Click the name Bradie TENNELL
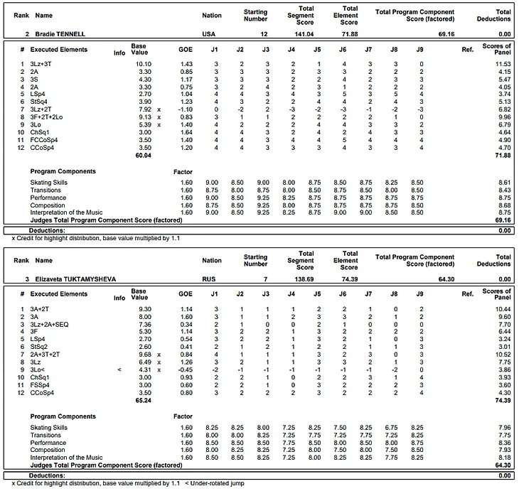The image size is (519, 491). (x=60, y=33)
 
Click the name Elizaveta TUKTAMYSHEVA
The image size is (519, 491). (x=73, y=279)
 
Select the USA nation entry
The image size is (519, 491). (x=207, y=33)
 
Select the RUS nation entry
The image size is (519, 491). (x=207, y=279)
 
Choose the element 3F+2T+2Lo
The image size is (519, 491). (x=47, y=117)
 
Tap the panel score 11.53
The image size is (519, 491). (x=501, y=65)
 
